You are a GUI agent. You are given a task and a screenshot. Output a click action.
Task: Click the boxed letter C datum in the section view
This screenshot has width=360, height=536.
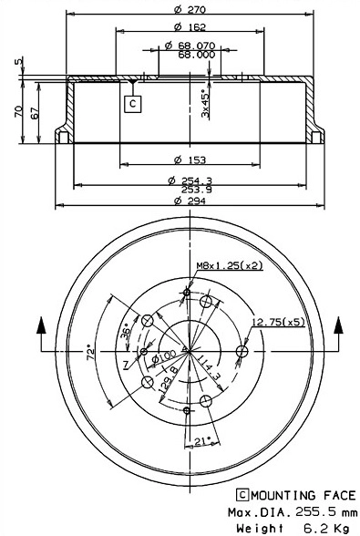[132, 103]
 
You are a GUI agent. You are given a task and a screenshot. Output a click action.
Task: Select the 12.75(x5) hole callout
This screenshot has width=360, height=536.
[278, 322]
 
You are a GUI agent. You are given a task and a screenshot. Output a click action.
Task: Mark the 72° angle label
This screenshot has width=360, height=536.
[89, 350]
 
